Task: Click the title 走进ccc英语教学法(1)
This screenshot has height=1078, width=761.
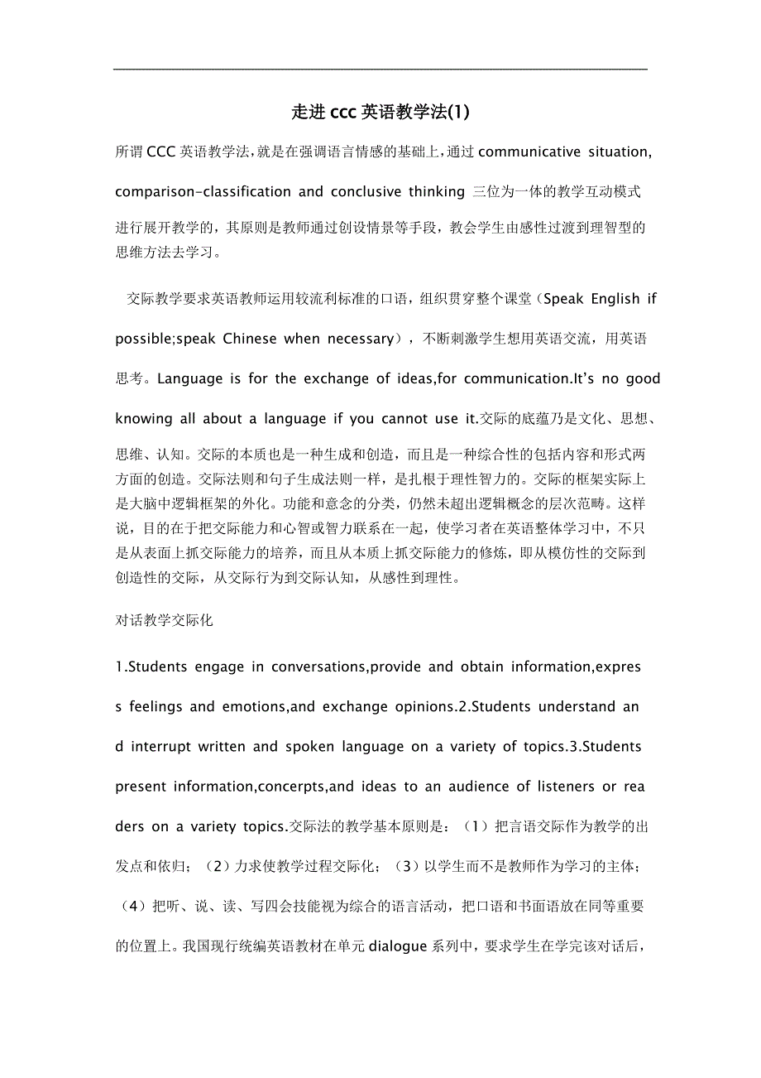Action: (x=380, y=111)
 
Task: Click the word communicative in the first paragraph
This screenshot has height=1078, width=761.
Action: (x=529, y=152)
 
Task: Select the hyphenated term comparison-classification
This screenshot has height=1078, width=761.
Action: (x=203, y=192)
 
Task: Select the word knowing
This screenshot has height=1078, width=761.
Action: (x=144, y=419)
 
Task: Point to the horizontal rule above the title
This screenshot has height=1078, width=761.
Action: (x=380, y=70)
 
